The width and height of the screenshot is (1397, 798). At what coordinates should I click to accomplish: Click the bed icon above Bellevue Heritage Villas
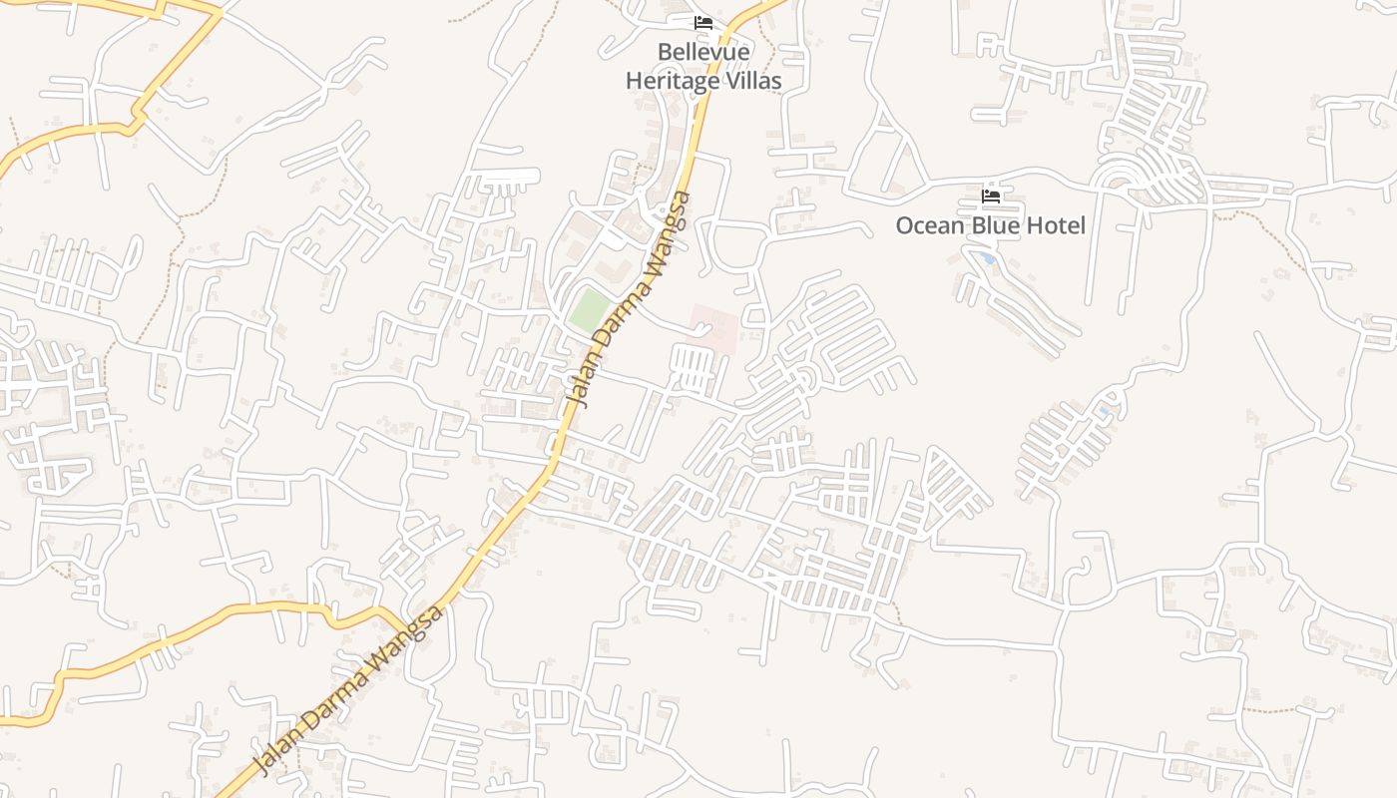703,23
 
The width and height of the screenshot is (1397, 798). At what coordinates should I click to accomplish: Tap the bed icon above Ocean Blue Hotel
990,197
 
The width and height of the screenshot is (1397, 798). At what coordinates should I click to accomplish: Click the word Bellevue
703,52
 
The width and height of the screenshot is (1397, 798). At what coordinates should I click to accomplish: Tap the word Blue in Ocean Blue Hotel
997,225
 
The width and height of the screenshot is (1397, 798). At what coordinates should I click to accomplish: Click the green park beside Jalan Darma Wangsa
589,311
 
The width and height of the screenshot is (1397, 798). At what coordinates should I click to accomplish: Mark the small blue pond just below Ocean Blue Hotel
987,258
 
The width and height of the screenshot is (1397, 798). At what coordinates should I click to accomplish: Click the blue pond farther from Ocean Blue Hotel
1104,410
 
